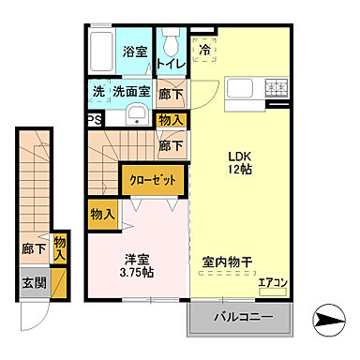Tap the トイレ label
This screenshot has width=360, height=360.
[x=171, y=64]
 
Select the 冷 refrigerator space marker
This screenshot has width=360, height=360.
[x=203, y=52]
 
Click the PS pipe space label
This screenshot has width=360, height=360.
[x=95, y=120]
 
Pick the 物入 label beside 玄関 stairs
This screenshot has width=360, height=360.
[x=60, y=248]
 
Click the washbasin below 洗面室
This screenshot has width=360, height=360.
[x=137, y=117]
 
